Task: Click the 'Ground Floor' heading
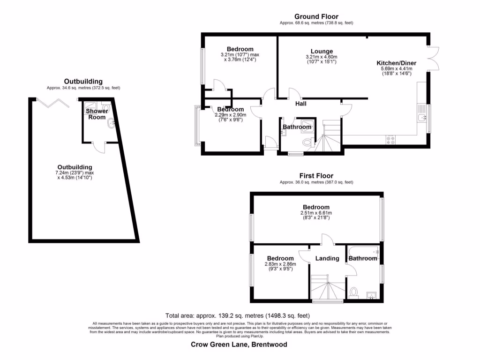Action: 316,17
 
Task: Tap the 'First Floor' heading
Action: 316,176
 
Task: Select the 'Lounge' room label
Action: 322,52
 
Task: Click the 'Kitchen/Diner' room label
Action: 397,63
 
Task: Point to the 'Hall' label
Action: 300,104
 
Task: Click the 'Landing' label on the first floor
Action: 327,258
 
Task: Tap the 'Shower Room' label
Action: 97,114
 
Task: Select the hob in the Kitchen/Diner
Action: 390,139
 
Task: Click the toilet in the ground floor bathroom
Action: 307,142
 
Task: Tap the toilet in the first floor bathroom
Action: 354,293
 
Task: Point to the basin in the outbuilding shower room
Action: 111,124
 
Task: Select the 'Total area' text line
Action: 238,315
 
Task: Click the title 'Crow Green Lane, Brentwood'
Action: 239,345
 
